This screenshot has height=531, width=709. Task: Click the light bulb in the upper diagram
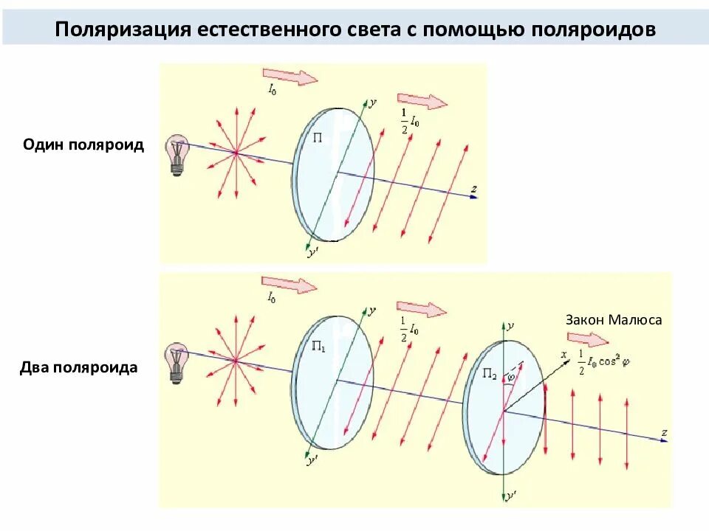coord(177,154)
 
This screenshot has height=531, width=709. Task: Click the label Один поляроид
coord(83,145)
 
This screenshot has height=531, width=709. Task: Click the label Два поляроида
coord(81,367)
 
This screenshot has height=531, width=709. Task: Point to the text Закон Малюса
coord(614,320)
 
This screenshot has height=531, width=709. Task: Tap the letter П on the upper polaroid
coord(318,137)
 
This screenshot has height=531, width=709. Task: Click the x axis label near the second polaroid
coord(564,355)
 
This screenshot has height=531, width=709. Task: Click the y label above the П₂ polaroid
coord(510,325)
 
